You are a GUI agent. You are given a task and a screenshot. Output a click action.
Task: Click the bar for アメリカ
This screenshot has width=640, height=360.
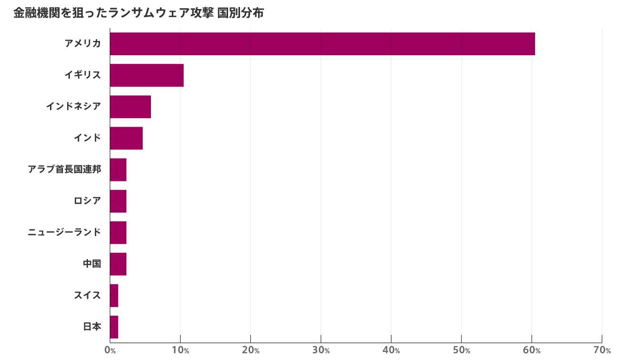pos(322,44)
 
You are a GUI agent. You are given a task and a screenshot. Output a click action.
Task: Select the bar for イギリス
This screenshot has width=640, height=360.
pos(147,75)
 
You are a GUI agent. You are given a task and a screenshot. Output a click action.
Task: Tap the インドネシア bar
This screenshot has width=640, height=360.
pos(130,107)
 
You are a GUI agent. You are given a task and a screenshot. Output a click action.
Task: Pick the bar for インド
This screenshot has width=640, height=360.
pos(126,138)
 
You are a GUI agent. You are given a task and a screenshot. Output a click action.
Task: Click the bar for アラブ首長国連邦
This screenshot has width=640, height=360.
pos(118,170)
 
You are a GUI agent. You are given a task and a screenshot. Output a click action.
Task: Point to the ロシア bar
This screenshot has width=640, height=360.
pos(118,201)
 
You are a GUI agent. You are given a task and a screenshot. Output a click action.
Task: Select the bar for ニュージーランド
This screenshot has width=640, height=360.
pos(118,232)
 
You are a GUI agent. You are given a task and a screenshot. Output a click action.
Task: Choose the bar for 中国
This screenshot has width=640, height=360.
pos(118,264)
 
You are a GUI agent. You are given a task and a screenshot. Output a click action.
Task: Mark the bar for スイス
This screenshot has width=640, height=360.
pos(114,295)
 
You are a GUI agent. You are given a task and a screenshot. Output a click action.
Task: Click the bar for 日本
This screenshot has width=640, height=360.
pos(114,327)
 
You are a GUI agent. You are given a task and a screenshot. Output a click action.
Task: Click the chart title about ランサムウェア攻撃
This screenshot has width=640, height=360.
pos(138,13)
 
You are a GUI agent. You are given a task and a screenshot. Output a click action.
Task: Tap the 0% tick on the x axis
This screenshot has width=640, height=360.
pos(110,351)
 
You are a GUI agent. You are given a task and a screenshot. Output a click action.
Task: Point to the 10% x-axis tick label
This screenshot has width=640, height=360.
pos(180,351)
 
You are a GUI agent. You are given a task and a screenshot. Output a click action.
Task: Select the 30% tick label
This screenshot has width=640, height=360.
pos(320,351)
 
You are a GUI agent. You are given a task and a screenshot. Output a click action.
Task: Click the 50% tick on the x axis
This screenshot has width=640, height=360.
pos(461,351)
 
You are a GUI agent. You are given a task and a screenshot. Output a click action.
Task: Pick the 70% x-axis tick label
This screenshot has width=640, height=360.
pos(602,351)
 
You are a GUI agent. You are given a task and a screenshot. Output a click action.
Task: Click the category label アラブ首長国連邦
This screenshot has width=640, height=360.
pos(64,170)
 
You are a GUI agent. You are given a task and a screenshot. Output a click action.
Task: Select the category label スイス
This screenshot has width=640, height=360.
pos(87,295)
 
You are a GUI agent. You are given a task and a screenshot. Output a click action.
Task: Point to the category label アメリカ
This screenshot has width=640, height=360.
pos(83,44)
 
